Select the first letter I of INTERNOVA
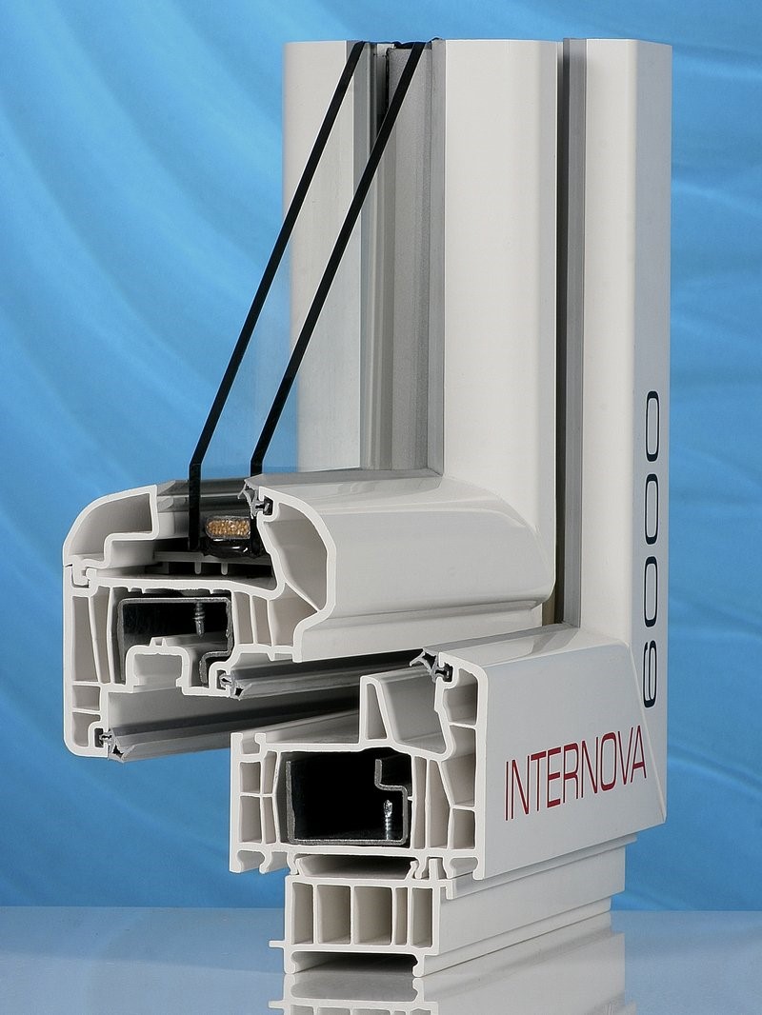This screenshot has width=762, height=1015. click(x=509, y=789)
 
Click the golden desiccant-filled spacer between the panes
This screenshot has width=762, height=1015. click(x=228, y=527)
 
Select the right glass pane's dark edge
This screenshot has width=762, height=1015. click(x=336, y=259)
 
